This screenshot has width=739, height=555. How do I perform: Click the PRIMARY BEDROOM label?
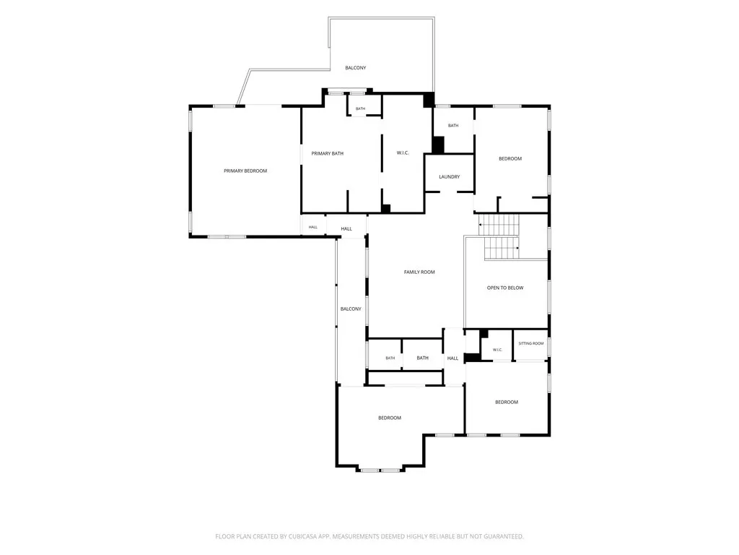click(x=245, y=171)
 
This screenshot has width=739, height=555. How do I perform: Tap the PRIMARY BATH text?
click(x=327, y=153)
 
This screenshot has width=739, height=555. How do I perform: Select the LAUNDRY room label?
click(x=449, y=176)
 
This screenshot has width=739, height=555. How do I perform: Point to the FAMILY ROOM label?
click(x=419, y=272)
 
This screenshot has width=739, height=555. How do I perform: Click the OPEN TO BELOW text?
click(x=504, y=288)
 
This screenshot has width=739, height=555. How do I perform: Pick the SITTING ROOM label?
click(x=530, y=343)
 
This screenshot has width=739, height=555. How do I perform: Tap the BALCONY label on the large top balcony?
click(x=355, y=68)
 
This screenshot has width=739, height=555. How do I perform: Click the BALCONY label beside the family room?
click(x=351, y=309)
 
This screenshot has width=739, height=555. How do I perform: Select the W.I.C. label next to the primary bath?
click(x=403, y=153)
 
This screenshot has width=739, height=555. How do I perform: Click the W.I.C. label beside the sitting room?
click(x=497, y=350)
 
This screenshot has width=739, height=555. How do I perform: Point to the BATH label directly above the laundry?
click(x=453, y=126)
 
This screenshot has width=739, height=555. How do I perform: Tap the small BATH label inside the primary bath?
click(x=360, y=108)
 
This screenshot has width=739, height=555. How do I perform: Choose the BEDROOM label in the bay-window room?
click(x=389, y=418)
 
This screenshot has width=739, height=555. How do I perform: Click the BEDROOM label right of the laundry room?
click(x=510, y=158)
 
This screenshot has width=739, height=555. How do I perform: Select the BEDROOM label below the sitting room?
click(x=506, y=402)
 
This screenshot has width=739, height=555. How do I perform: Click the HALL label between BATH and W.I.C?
click(x=452, y=358)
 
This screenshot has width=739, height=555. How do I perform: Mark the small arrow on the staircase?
click(x=518, y=248)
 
